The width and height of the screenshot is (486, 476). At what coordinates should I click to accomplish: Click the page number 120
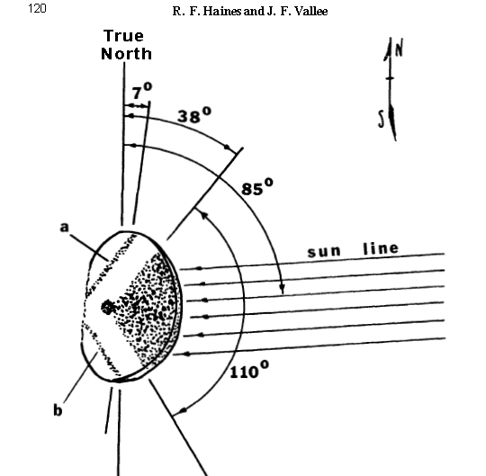coord(37,8)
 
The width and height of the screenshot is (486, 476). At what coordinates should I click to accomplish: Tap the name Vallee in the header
coord(311,11)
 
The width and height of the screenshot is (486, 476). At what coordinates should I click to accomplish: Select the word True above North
coord(123,36)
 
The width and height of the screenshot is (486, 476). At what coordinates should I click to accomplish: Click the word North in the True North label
coord(127,54)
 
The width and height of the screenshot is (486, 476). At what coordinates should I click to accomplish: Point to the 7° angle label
coord(142,91)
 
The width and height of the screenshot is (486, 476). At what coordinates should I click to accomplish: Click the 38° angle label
coord(194,115)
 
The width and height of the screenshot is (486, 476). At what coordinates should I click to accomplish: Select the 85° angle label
coord(257,186)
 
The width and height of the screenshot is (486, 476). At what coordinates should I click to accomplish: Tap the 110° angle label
coord(249,370)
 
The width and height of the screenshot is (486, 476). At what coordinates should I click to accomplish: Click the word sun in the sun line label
coord(324,252)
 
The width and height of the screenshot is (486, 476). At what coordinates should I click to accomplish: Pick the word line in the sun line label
coord(381,249)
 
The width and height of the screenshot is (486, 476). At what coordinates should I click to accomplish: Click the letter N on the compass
coord(399,49)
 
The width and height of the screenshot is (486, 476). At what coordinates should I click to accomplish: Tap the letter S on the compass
coord(382,120)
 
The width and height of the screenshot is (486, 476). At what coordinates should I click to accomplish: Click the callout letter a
coord(64,227)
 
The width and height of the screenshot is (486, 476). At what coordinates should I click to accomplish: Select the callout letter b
coord(58,409)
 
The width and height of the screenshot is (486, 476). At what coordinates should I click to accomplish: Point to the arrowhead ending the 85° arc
coord(282,289)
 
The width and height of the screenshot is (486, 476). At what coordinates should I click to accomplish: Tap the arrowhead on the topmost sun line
coord(200,268)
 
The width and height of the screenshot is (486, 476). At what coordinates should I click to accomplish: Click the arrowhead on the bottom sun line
coord(187,354)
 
